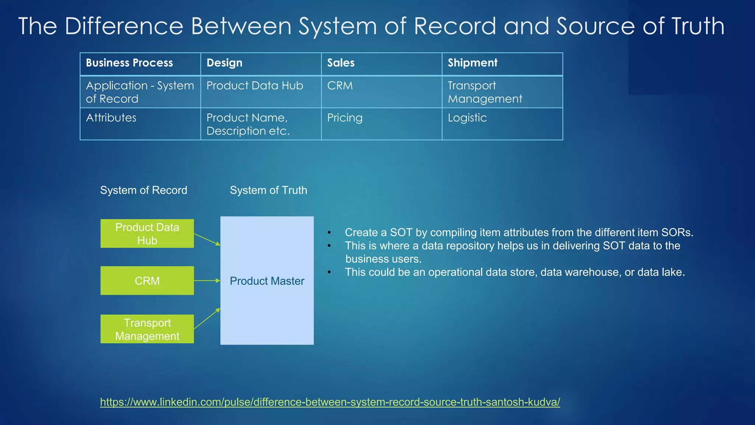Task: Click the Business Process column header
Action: [129, 63]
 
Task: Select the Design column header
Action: [225, 63]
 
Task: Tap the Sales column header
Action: [341, 63]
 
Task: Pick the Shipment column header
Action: [473, 63]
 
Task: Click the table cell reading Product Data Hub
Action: [255, 86]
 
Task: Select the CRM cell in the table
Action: [340, 86]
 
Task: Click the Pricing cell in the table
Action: [345, 118]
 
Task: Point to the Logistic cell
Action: [467, 118]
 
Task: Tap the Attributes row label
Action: [111, 118]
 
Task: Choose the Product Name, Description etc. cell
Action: [248, 124]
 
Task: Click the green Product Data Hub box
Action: [147, 234]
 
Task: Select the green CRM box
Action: [147, 281]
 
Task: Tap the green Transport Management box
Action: [147, 329]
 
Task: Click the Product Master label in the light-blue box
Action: [267, 281]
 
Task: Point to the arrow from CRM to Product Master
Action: [207, 281]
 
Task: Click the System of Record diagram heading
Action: [144, 190]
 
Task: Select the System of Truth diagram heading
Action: [268, 190]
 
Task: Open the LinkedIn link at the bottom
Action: [330, 402]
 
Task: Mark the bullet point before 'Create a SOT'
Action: [329, 233]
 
